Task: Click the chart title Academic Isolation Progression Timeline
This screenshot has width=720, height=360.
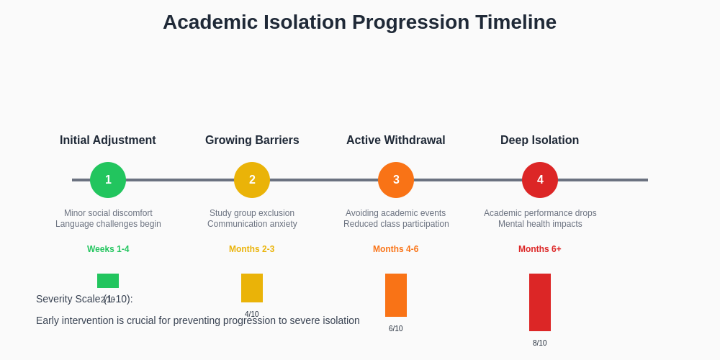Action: click(359, 22)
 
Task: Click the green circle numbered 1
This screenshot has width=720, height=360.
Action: click(108, 180)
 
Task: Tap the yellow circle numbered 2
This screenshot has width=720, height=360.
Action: click(252, 180)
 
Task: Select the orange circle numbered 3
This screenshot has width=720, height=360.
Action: click(396, 180)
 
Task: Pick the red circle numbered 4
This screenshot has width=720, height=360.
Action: click(540, 180)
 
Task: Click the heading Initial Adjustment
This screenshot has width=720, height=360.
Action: click(108, 140)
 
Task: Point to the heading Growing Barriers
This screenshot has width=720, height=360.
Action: click(252, 140)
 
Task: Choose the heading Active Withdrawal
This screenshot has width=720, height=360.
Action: click(396, 140)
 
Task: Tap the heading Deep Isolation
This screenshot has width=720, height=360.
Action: click(540, 140)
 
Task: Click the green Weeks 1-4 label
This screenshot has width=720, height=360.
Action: click(108, 249)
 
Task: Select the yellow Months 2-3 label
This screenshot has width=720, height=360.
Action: click(252, 249)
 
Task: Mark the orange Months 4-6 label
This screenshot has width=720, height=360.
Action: click(396, 249)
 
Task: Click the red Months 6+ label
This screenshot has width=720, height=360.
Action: click(540, 249)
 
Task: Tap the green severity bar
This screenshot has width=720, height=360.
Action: click(108, 281)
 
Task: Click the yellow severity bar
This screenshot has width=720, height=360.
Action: click(252, 288)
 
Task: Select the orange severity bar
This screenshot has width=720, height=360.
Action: click(396, 295)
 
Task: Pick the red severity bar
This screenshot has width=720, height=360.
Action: click(540, 302)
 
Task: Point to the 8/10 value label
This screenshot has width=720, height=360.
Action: click(540, 343)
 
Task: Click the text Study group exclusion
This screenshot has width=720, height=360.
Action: click(252, 213)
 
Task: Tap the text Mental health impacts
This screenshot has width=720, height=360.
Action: click(540, 224)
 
